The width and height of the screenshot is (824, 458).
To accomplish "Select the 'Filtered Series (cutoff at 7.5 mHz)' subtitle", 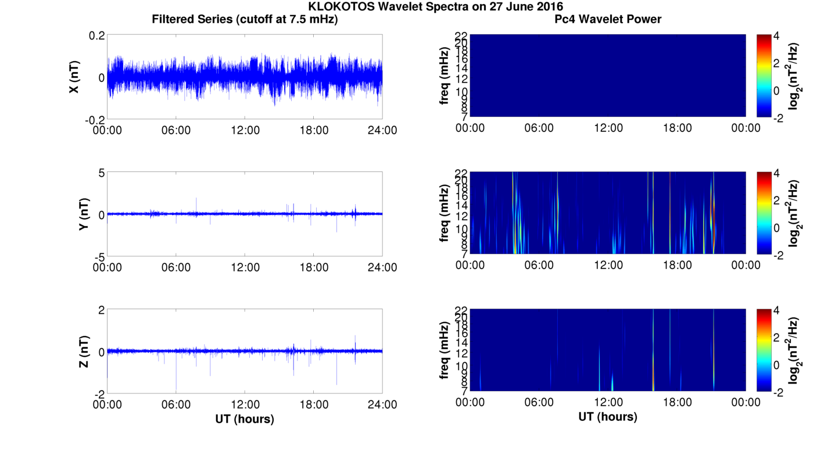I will click(x=245, y=20).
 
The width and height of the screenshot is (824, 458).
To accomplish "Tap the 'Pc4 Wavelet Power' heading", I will click(x=608, y=20).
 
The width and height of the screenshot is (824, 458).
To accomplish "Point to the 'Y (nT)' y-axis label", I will click(x=84, y=214).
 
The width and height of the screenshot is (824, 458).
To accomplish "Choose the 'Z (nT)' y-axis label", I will click(x=84, y=352).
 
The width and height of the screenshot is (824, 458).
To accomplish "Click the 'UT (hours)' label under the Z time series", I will click(x=245, y=418).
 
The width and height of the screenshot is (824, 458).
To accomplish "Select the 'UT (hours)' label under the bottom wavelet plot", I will click(x=608, y=417).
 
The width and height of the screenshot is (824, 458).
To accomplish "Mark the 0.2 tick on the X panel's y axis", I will click(x=96, y=35).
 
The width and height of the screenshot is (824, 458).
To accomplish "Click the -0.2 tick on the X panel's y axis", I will click(x=94, y=119).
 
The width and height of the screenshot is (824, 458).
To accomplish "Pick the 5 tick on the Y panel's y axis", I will click(x=101, y=173).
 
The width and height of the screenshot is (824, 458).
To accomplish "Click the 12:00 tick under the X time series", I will click(x=245, y=130).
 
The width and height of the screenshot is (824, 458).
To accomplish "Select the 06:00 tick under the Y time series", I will click(x=176, y=267).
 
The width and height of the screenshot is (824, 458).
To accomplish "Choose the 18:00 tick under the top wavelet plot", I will click(x=677, y=128).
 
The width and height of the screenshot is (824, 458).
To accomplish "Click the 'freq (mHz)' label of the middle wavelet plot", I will click(x=445, y=213).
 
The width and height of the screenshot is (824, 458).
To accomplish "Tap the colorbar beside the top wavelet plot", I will click(x=764, y=76).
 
